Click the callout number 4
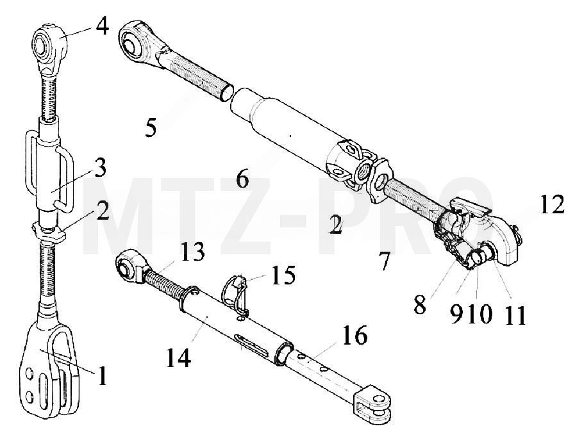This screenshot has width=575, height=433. tap(103, 26)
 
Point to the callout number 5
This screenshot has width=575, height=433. tap(151, 128)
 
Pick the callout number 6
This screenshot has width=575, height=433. tap(242, 179)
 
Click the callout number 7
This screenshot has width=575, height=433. tap(384, 261)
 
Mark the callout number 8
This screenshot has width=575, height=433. tap(421, 304)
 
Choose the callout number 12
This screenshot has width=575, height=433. tap(552, 204)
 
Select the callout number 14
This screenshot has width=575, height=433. tap(179, 357)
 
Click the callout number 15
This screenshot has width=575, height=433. tap(283, 275)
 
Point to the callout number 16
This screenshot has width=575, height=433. tap(355, 335)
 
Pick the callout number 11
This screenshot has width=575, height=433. tap(515, 315)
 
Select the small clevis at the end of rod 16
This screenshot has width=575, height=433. tap(372, 404)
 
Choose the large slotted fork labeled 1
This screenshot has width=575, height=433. tap(49, 370)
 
